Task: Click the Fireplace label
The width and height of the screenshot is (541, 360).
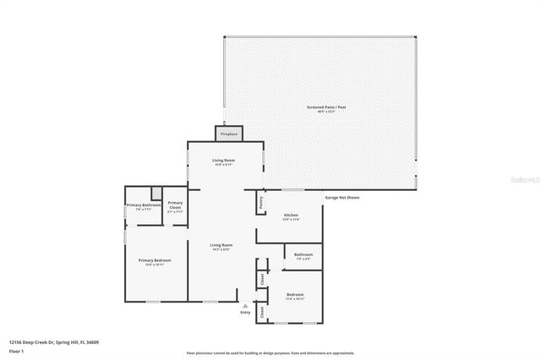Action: [x=229, y=134]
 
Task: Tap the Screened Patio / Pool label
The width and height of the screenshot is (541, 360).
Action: [x=321, y=107]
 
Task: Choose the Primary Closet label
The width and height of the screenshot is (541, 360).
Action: [x=175, y=205]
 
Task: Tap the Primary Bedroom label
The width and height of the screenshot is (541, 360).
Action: [x=155, y=260]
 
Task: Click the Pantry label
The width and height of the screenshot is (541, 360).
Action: [x=261, y=203]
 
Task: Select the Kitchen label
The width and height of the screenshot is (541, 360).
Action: [x=291, y=215]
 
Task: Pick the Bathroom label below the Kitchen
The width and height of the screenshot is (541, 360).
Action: [x=303, y=254]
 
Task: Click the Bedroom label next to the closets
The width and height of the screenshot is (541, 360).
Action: [x=295, y=295]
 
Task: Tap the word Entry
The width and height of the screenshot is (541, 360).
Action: [x=245, y=313]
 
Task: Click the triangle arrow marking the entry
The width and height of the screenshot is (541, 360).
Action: [x=245, y=306]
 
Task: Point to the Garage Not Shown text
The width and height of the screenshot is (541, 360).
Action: [x=342, y=198]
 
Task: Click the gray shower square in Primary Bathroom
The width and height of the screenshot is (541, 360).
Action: [x=156, y=192]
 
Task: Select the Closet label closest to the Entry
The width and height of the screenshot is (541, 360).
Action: [x=262, y=311]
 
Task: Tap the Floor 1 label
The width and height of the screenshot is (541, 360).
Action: [x=16, y=351]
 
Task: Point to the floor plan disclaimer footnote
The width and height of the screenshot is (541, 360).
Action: [x=270, y=352]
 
